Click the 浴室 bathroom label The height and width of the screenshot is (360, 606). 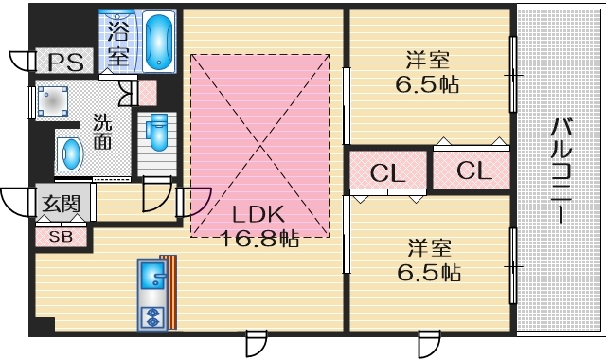click(117, 43)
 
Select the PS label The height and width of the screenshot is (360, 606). click(65, 63)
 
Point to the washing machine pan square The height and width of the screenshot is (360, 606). click(54, 101)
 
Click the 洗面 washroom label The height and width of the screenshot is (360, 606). click(102, 132)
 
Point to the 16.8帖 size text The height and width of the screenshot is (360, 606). click(259, 238)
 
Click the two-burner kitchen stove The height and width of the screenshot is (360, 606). click(151, 315)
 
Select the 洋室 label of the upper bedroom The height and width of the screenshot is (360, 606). click(426, 59)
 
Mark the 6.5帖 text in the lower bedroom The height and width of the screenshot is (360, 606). click(428, 273)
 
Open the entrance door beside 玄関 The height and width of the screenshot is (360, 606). click(16, 202)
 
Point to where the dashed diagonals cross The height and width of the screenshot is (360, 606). click(261, 147)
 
